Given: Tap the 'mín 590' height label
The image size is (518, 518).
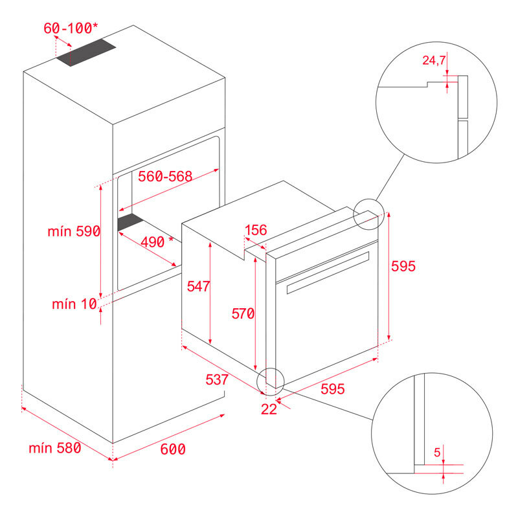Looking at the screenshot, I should [73, 231].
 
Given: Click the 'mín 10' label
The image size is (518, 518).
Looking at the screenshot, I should [73, 304].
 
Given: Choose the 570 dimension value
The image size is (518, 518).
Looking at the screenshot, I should [243, 313].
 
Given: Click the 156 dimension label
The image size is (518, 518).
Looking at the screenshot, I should [256, 230].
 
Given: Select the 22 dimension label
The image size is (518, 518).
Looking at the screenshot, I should [268, 409].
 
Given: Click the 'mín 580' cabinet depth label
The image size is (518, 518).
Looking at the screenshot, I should [55, 447].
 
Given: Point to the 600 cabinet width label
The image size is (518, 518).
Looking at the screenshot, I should [172, 449].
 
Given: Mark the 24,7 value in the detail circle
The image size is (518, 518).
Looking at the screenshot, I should [433, 61].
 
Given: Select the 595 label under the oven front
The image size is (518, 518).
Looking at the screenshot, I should [332, 388].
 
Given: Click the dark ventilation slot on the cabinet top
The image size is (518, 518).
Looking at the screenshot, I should [85, 53].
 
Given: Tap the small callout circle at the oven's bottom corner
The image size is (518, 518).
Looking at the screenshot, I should [271, 381].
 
